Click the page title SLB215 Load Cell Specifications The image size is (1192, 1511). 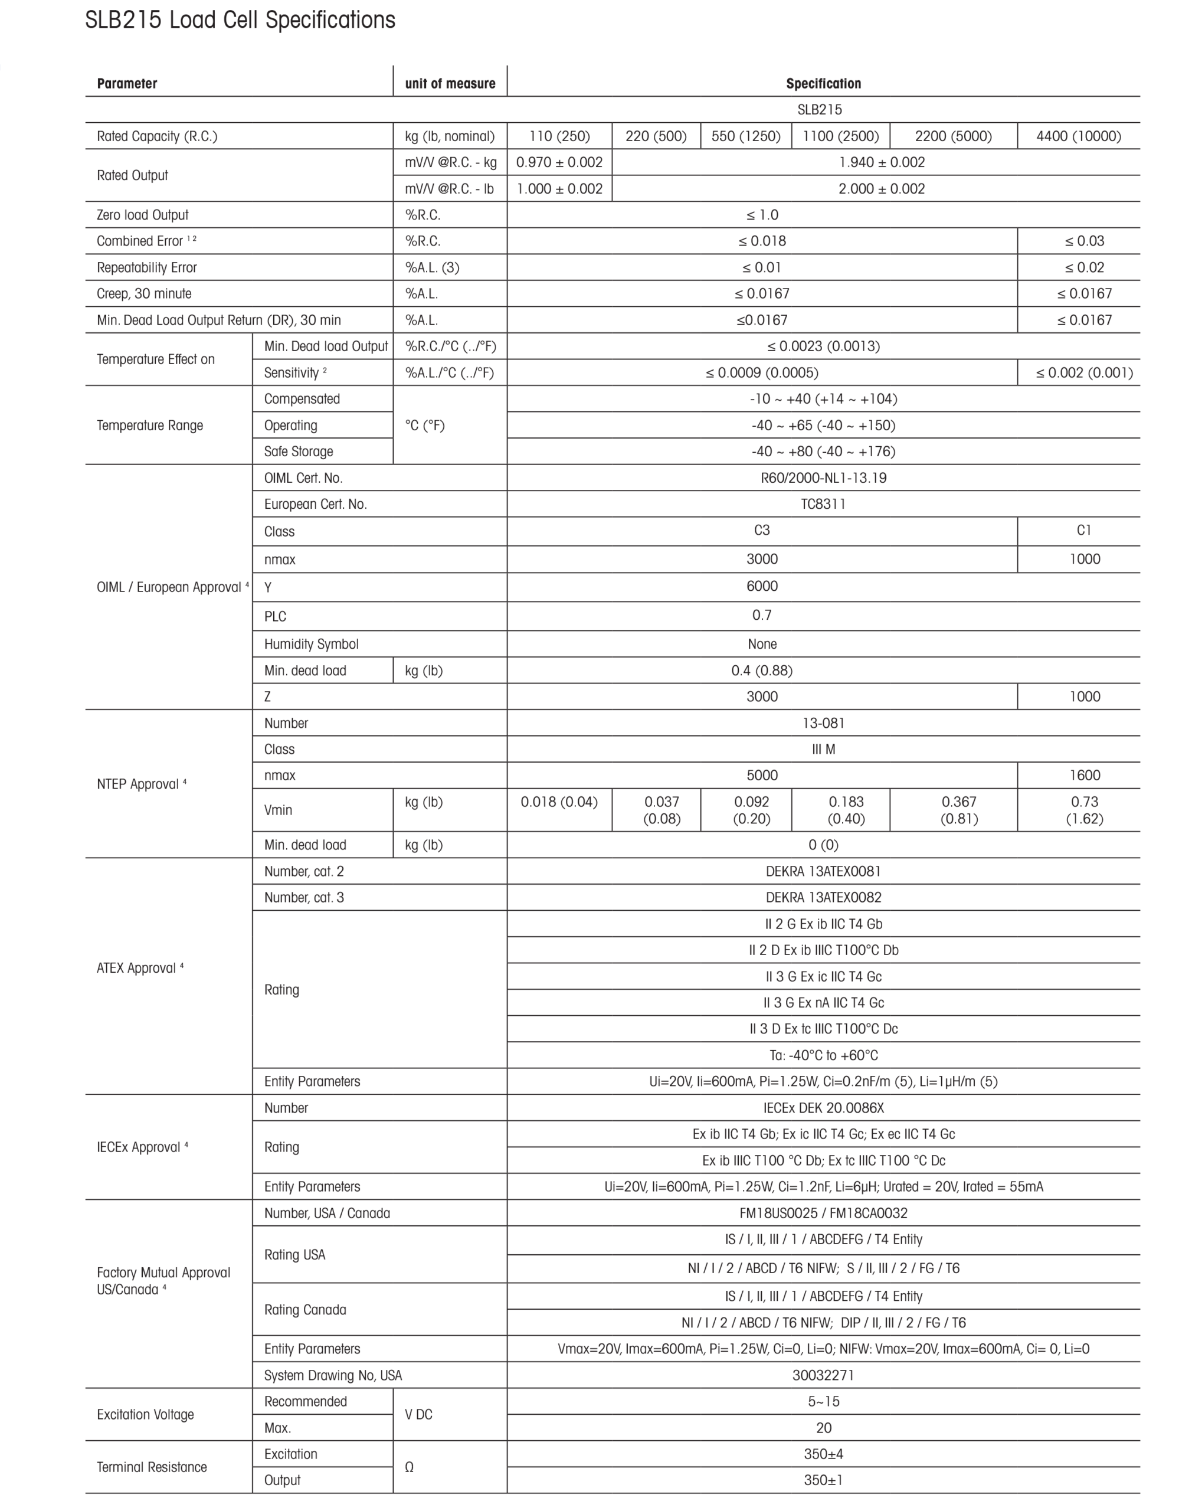(x=240, y=20)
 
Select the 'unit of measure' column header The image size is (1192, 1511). (x=450, y=84)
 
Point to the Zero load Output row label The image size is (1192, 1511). (x=142, y=215)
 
